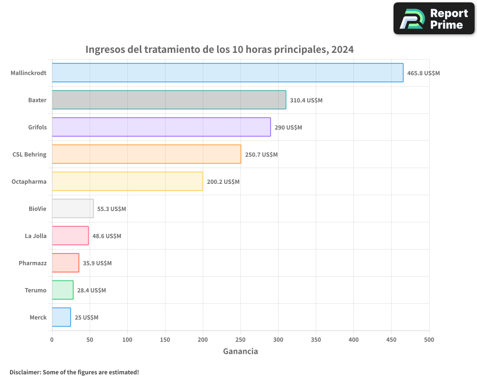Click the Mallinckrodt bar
click(x=228, y=73)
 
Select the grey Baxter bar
click(x=169, y=100)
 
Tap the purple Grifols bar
click(x=161, y=127)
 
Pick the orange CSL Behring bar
click(x=146, y=154)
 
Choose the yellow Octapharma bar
click(x=127, y=181)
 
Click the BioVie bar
click(x=73, y=209)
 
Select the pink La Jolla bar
click(x=70, y=236)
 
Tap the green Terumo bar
click(x=62, y=290)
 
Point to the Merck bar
click(x=61, y=317)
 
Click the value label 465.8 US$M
click(x=423, y=73)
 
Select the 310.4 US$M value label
click(x=306, y=100)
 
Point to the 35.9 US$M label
click(x=97, y=263)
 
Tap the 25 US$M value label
click(x=86, y=318)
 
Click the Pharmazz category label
click(x=32, y=263)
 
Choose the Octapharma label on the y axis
click(x=29, y=182)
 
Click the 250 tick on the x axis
click(x=240, y=340)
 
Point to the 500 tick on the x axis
click(x=429, y=340)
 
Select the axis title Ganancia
click(x=240, y=351)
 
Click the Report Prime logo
click(x=434, y=19)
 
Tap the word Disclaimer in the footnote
click(x=25, y=372)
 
